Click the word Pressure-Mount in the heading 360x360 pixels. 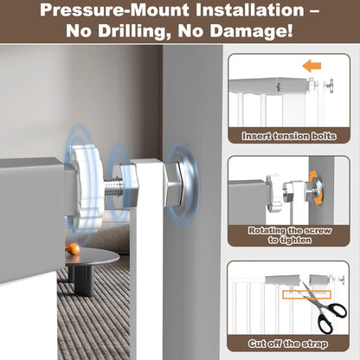tap(115, 10)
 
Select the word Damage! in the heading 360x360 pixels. tap(251, 31)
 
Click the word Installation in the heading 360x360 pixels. tap(250, 10)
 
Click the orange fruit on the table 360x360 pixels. tap(73, 248)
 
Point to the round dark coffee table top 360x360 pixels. tap(92, 258)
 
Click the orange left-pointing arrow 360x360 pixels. tap(312, 66)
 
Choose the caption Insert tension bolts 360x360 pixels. tap(289, 136)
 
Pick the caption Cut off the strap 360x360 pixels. tap(288, 344)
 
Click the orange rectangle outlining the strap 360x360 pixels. tap(306, 294)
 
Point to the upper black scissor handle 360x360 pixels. tap(335, 311)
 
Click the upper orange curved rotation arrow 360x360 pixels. tap(313, 177)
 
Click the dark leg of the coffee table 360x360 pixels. tap(84, 280)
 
